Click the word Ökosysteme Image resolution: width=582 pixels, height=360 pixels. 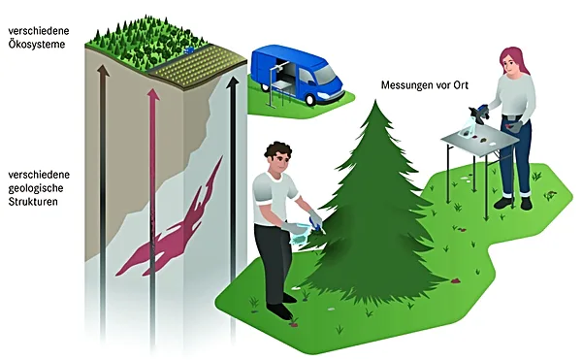click(37, 45)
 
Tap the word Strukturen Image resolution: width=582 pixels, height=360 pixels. click(33, 202)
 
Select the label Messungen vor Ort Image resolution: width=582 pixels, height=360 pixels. click(425, 85)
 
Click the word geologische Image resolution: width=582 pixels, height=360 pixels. click(36, 188)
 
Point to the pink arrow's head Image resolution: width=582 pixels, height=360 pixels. click(153, 94)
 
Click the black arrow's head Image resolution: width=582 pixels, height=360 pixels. click(233, 82)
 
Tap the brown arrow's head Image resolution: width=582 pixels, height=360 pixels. click(103, 71)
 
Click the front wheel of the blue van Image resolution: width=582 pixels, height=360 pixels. click(310, 99)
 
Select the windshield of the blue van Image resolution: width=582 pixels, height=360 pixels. click(324, 75)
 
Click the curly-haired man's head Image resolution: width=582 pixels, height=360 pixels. click(278, 156)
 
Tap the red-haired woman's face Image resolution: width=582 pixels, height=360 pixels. click(511, 65)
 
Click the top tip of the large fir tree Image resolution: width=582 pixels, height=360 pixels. click(375, 100)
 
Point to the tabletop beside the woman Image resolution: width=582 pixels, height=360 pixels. click(479, 141)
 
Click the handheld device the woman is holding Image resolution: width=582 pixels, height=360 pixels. click(479, 113)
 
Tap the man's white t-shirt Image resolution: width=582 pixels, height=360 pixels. click(274, 198)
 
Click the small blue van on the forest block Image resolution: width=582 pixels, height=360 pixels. click(188, 50)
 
